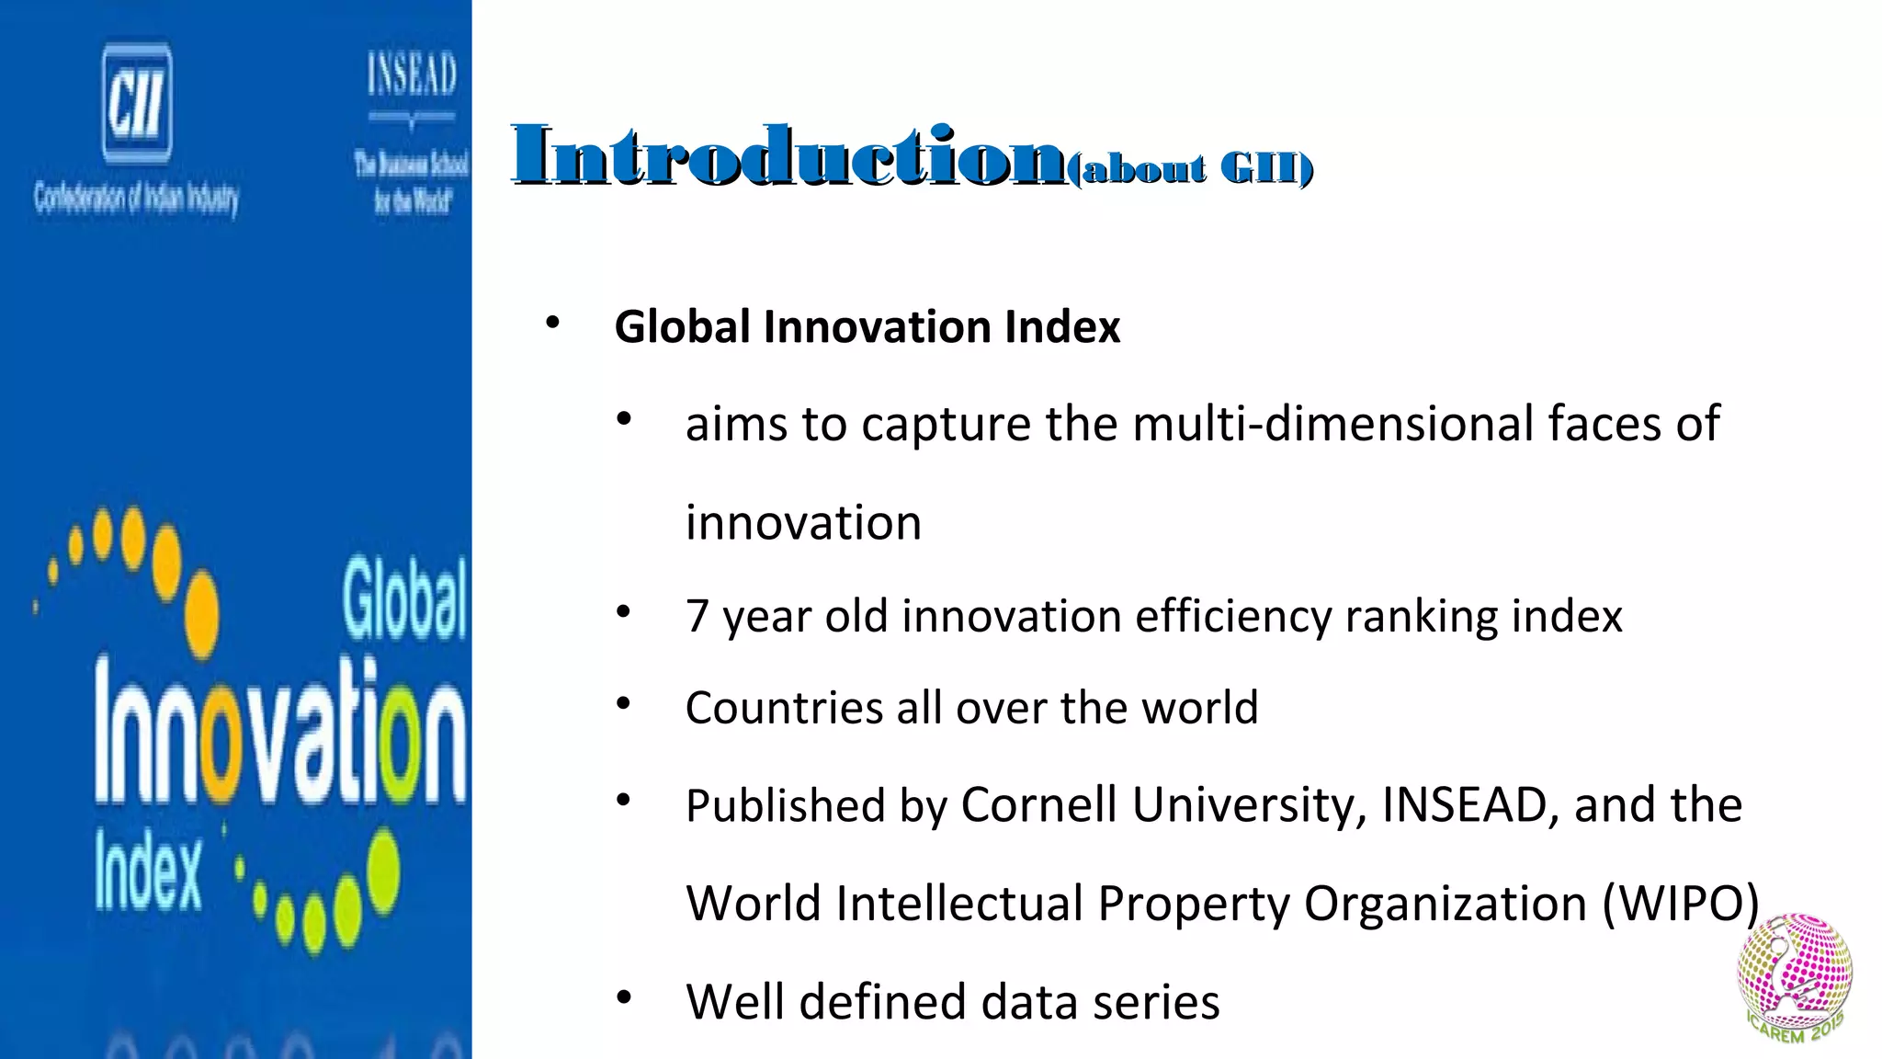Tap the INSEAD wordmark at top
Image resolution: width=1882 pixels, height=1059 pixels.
(x=412, y=74)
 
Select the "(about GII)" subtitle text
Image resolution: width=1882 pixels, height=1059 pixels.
(x=1191, y=169)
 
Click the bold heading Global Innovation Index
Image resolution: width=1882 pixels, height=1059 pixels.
(x=867, y=327)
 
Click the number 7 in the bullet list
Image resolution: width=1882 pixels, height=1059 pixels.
(x=697, y=616)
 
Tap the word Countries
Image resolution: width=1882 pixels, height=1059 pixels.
(x=783, y=708)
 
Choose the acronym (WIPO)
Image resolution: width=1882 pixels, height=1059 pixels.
(x=1681, y=903)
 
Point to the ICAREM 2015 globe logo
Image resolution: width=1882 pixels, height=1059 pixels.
(x=1794, y=978)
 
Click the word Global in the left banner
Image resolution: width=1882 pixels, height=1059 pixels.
(x=404, y=601)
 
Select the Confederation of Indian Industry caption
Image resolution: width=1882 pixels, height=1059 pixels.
(x=136, y=197)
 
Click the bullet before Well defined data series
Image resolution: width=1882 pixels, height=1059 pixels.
(x=624, y=997)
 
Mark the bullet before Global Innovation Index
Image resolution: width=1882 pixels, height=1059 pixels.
(x=552, y=323)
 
